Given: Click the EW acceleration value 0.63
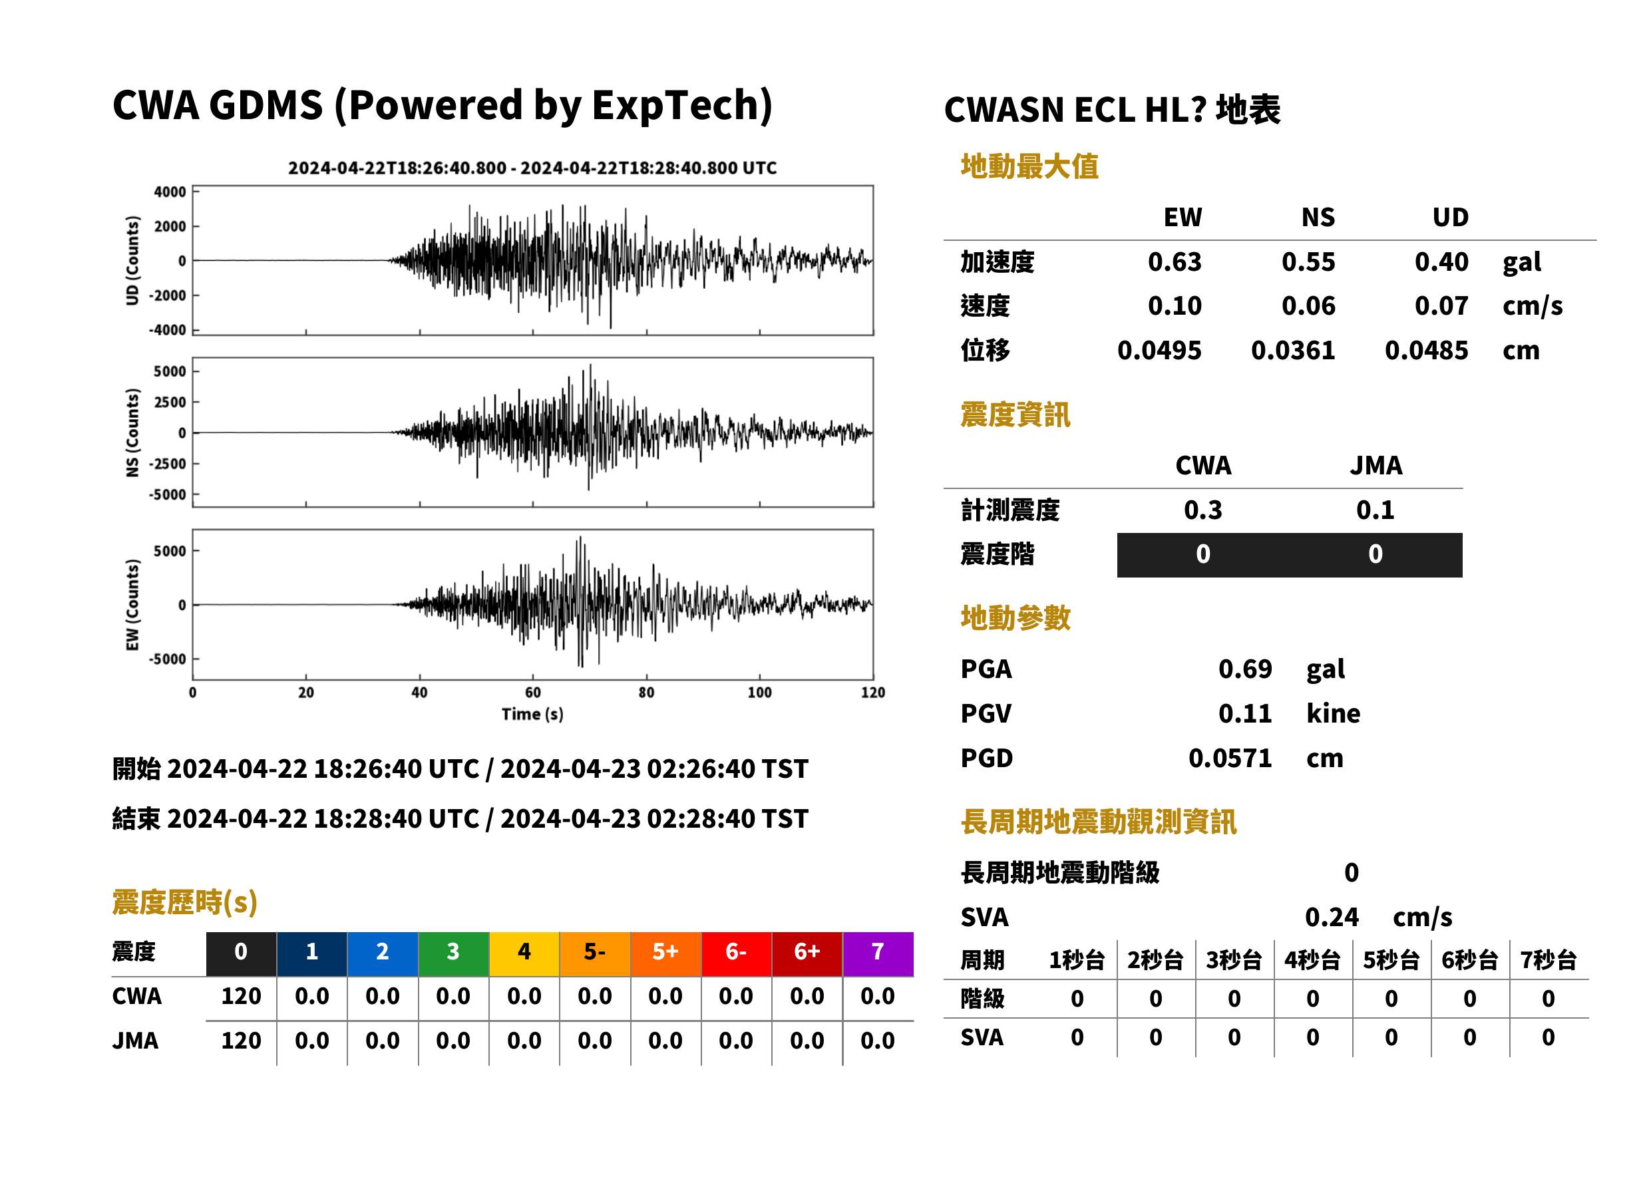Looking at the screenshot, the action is click(x=1174, y=262).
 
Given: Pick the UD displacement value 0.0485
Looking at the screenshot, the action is click(x=1426, y=351).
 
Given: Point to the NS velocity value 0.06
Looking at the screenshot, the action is click(x=1308, y=306).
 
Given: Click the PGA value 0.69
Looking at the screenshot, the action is click(x=1245, y=669).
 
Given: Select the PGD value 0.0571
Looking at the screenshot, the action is click(x=1230, y=758).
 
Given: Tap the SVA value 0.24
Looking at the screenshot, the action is click(x=1332, y=918).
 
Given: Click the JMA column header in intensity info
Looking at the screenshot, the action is click(x=1376, y=465).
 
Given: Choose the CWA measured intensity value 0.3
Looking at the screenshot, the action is click(x=1203, y=510).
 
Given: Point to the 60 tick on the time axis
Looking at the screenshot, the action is click(x=533, y=693).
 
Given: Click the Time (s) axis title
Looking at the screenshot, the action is click(x=532, y=715).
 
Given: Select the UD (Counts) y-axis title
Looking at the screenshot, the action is click(x=132, y=261).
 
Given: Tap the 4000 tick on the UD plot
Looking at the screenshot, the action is click(x=170, y=192).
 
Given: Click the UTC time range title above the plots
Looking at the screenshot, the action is click(x=532, y=168).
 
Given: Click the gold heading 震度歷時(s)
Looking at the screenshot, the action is click(x=185, y=902).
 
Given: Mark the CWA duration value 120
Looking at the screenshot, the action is click(x=241, y=997).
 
